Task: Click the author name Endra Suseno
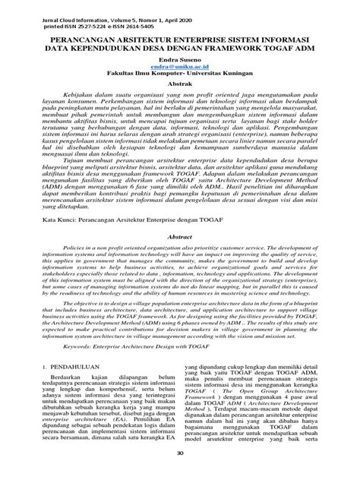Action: (x=180, y=56)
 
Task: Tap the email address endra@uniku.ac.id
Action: (x=180, y=65)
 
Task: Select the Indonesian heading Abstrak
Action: (x=180, y=84)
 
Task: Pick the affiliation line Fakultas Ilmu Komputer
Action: (x=180, y=74)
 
